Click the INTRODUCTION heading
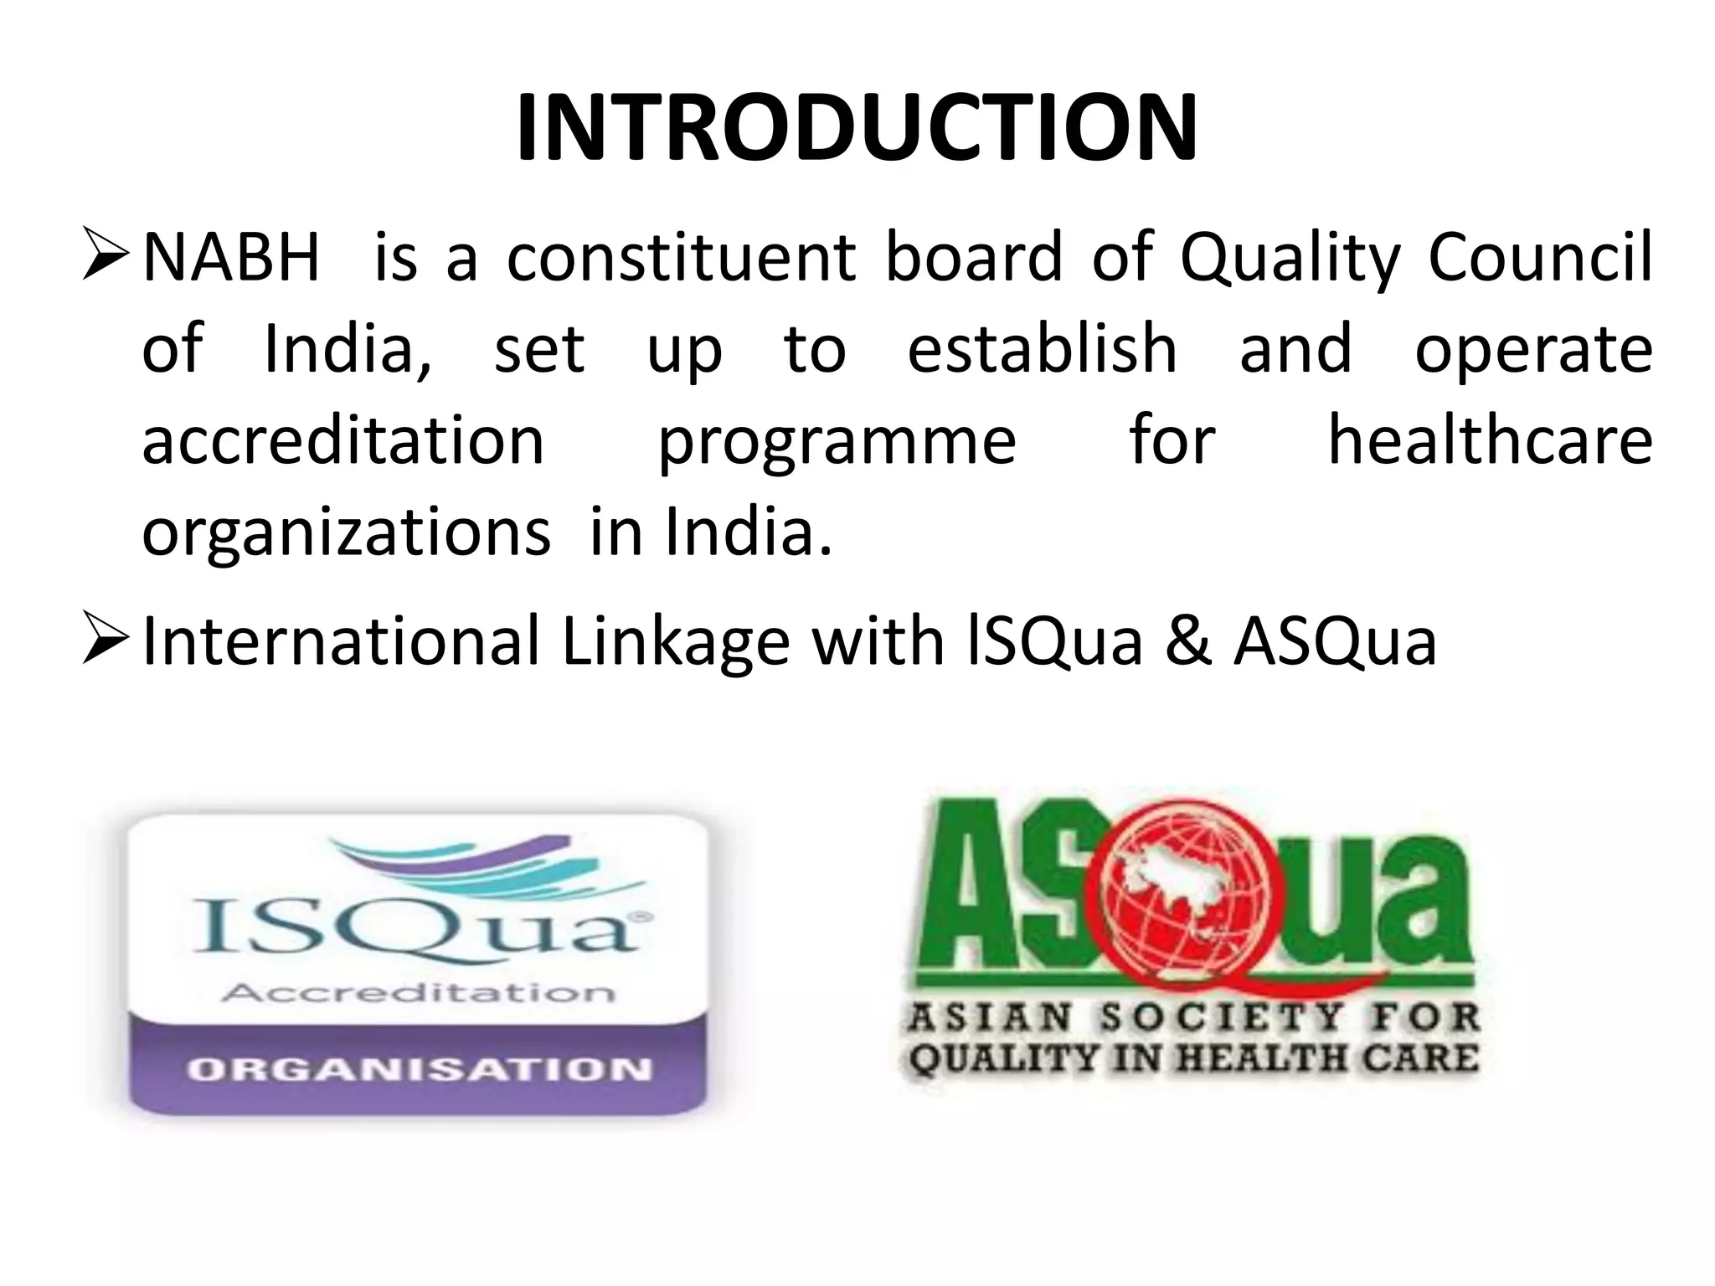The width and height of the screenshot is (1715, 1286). click(x=857, y=128)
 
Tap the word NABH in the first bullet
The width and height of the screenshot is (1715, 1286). click(x=232, y=257)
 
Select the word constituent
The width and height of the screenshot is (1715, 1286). click(x=682, y=257)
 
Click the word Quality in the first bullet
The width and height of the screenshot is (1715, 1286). click(x=1290, y=257)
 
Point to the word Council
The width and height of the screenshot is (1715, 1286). click(x=1540, y=257)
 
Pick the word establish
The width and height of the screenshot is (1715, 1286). click(x=1043, y=349)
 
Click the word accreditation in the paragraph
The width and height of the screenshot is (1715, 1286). click(x=343, y=441)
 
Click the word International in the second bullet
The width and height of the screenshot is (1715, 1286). click(x=342, y=641)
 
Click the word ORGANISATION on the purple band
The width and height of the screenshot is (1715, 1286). click(x=420, y=1069)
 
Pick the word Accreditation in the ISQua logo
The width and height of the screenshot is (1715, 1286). click(x=418, y=993)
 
